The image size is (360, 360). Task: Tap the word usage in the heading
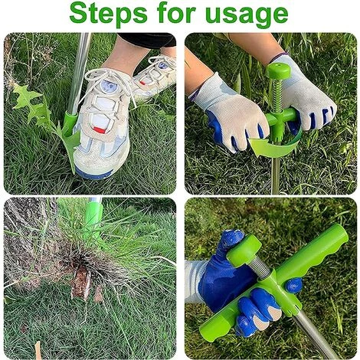[x=247, y=15]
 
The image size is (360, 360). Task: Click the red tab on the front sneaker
[x=99, y=129]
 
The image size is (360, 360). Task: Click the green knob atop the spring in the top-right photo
[x=278, y=70]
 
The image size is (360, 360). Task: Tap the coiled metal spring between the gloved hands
[x=277, y=94]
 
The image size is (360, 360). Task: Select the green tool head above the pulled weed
[x=93, y=217]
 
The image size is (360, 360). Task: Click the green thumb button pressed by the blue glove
[x=244, y=250]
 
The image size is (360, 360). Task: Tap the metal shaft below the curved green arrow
[x=276, y=175]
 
